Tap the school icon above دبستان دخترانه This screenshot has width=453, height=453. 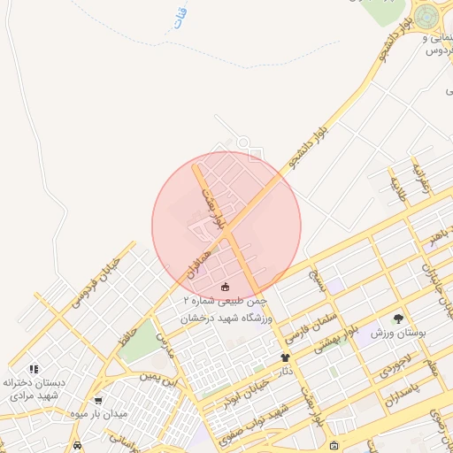(34, 369)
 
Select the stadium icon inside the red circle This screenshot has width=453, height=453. (225, 286)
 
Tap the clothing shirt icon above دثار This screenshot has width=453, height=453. (285, 357)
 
